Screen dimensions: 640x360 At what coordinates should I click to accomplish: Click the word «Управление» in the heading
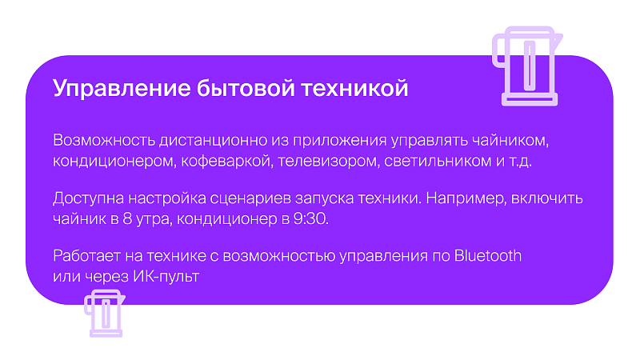coord(122,89)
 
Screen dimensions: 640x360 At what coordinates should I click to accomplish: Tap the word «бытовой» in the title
coord(246,88)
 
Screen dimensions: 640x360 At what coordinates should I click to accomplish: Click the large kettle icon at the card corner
coord(527,66)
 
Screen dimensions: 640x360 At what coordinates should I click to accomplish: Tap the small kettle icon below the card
coord(105,313)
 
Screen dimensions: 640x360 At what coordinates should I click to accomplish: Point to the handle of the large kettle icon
coord(498,51)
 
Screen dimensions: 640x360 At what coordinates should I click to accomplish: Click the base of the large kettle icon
coord(530,99)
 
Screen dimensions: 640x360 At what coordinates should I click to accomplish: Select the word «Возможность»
coord(104,140)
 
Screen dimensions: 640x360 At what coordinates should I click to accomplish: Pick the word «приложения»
coord(339,141)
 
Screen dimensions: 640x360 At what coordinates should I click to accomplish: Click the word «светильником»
coord(438,162)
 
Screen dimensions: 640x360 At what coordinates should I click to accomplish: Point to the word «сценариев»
coord(250,198)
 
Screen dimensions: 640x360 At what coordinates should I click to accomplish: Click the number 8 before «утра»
coord(127,219)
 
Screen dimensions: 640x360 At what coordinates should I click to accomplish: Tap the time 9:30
coord(310,219)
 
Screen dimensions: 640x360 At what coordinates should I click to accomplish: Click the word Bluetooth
coord(488,256)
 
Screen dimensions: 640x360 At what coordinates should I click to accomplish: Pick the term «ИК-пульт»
coord(166,277)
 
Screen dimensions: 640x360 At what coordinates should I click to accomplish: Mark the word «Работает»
coord(87,256)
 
